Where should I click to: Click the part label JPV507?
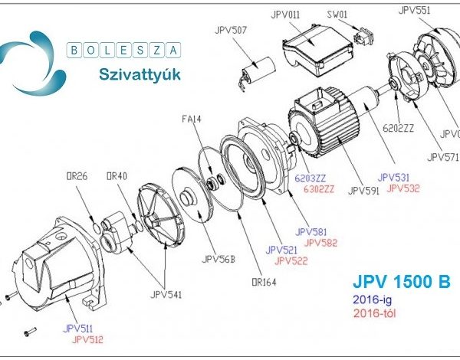click(x=230, y=31)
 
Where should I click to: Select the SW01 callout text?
click(x=337, y=14)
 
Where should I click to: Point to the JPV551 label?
click(x=415, y=10)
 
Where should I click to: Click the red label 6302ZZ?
click(x=319, y=189)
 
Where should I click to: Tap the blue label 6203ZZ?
click(x=314, y=178)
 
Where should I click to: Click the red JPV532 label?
click(x=402, y=188)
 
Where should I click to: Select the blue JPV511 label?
click(x=80, y=327)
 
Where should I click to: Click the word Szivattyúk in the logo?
click(x=136, y=74)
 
